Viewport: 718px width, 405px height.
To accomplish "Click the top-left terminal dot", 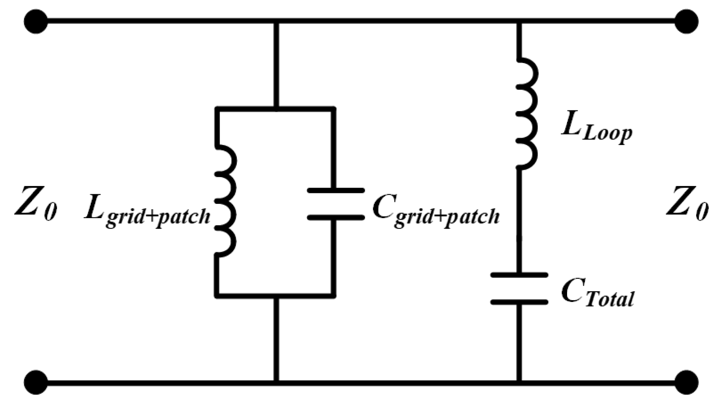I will click(36, 21).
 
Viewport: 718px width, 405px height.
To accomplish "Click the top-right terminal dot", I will click(686, 21).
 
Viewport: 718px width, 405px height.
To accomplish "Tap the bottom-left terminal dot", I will click(36, 382).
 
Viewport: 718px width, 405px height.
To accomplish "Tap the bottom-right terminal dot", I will click(686, 382).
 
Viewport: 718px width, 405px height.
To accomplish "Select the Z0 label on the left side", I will click(36, 203).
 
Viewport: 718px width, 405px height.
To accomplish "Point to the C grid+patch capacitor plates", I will click(335, 204).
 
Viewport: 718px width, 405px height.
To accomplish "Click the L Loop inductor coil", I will click(527, 114).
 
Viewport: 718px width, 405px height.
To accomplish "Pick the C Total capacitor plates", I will click(519, 288).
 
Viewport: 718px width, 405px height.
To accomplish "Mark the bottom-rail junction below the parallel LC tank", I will click(276, 382).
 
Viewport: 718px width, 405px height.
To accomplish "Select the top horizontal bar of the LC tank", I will click(276, 109).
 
